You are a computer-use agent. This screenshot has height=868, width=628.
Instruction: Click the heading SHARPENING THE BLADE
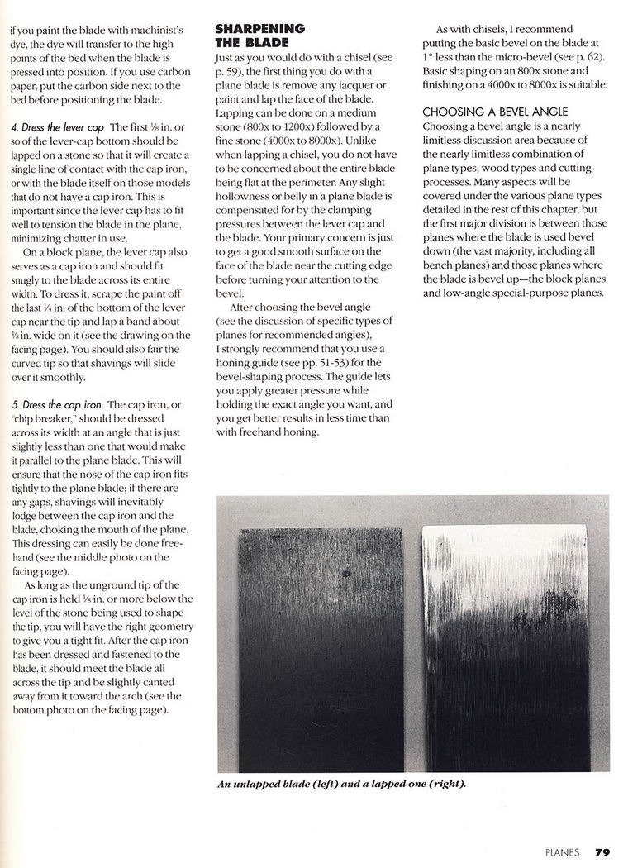[x=259, y=35]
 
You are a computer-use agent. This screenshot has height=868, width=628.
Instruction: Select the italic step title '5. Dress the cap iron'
[x=57, y=405]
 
